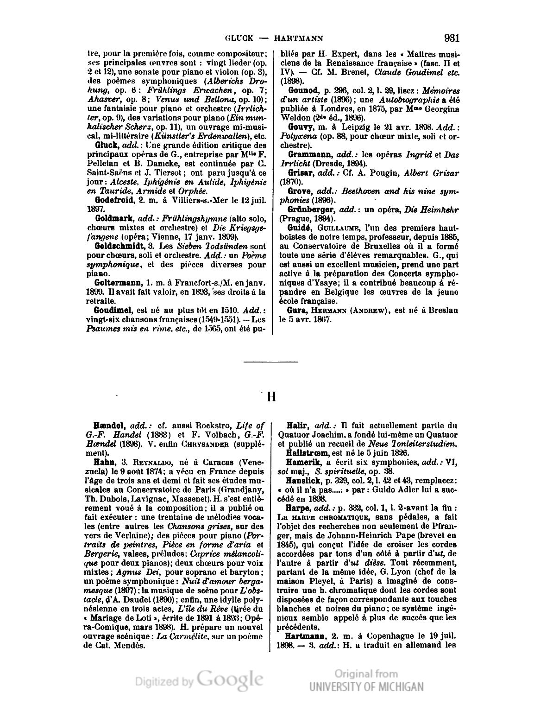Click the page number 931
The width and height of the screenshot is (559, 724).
(x=451, y=38)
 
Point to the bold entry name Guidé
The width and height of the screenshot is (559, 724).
(x=299, y=228)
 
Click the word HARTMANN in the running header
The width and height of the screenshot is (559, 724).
(x=299, y=38)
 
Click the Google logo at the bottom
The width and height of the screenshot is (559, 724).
(x=230, y=679)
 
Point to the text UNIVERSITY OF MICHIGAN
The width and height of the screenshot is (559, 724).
(x=367, y=687)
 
